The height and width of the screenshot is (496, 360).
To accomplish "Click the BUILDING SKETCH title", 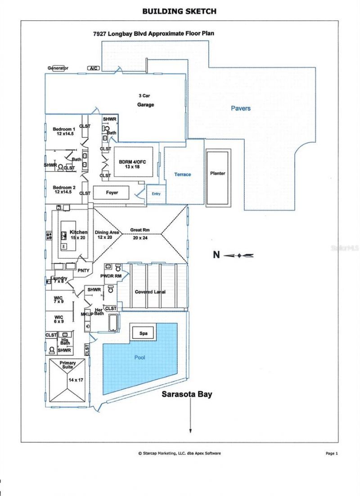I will pos(180,10).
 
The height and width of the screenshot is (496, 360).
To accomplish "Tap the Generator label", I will pos(58,68).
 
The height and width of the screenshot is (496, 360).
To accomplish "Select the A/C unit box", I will pos(94,68).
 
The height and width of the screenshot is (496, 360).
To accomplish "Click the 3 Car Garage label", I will pos(145,100).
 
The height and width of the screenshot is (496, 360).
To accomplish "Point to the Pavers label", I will pos(241,108).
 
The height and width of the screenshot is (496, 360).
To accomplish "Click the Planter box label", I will pos(217,173).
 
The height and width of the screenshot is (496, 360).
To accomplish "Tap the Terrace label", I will pos(183,174).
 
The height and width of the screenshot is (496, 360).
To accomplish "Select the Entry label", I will pos(156,194).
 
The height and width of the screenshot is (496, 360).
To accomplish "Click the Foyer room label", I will pos(112,193).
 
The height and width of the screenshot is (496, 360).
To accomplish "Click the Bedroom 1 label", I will pos(64,129).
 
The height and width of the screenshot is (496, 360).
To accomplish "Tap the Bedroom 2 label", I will pos(64,187).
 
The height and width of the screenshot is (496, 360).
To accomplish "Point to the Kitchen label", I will pos(78,232).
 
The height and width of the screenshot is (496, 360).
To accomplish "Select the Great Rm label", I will pos(139,230).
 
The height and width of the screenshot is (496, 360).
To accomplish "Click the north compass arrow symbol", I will pos(239,256).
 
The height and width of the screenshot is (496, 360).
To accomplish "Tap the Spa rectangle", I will pos(143,334).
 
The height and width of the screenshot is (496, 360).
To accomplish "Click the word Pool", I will pos(140,357).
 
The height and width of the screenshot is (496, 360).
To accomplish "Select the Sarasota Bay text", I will pos(187,395).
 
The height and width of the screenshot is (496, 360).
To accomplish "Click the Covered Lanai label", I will pos(150,292).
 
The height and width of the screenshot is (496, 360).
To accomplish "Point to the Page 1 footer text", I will pos(331,453).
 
